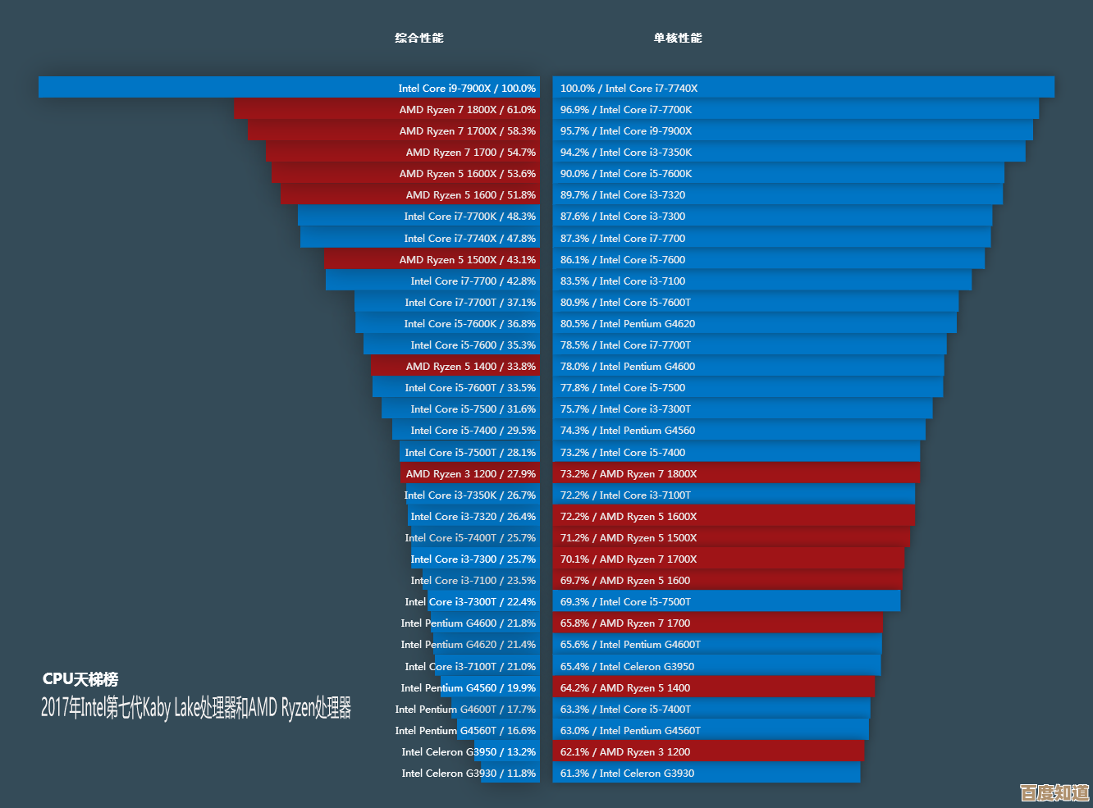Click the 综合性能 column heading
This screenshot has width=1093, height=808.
[x=418, y=38]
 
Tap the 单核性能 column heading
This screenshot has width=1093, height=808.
[x=678, y=38]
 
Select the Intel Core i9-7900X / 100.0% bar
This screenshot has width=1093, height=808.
[x=289, y=88]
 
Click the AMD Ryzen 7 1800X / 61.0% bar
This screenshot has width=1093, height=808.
[x=386, y=109]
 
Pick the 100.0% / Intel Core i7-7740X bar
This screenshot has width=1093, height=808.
[x=803, y=88]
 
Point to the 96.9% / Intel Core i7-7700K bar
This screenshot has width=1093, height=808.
[x=795, y=109]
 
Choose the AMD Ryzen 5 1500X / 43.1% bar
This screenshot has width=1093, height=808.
[x=432, y=259]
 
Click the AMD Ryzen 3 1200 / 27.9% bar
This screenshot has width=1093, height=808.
[x=469, y=473]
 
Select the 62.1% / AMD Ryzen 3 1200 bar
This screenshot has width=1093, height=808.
[x=708, y=751]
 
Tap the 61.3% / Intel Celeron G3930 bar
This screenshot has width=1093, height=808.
[x=706, y=773]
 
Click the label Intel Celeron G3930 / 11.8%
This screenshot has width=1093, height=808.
[x=469, y=773]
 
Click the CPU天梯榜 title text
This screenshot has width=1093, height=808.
[x=80, y=679]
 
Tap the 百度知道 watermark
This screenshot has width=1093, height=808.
[x=1054, y=792]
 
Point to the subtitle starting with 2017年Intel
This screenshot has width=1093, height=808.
[x=196, y=708]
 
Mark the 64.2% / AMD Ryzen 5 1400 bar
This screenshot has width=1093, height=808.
[x=713, y=687]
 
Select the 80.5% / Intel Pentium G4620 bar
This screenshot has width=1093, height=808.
[x=754, y=323]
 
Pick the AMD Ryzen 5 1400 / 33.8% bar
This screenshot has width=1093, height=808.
[x=455, y=366]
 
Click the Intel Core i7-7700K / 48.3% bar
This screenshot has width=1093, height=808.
[x=418, y=217]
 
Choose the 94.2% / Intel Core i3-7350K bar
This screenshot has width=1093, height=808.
[x=789, y=152]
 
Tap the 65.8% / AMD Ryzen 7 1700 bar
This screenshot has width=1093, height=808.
[x=717, y=623]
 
